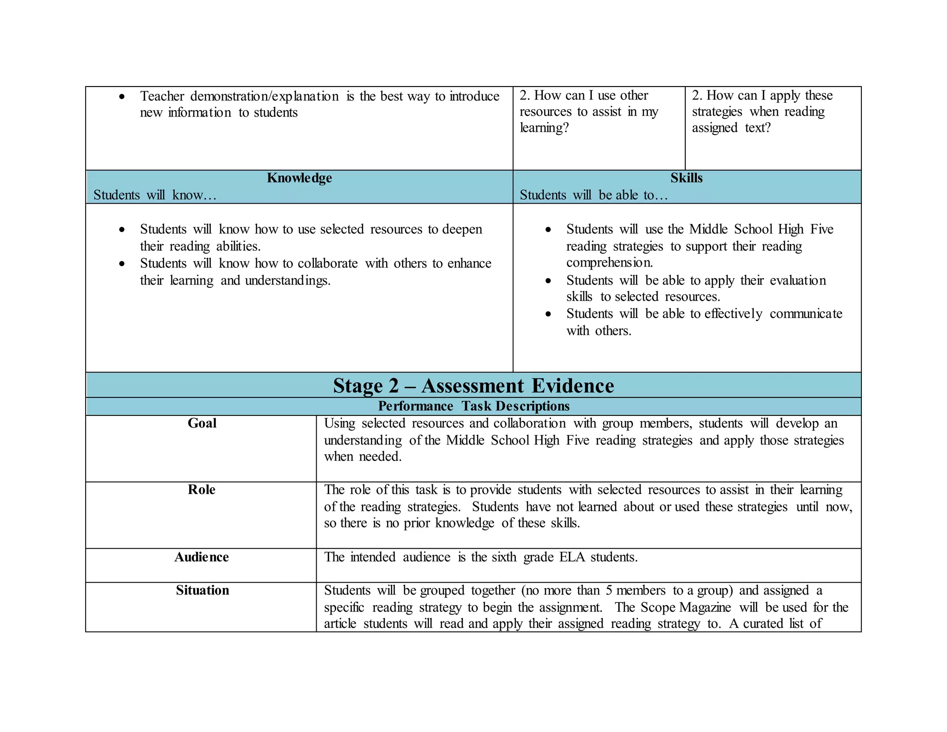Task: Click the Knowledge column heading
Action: pos(299,178)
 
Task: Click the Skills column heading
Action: pos(686,178)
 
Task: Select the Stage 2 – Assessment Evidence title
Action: pos(473,385)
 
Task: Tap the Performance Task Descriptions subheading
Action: pos(473,406)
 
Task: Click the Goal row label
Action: pos(202,423)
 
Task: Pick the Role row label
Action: pos(201,490)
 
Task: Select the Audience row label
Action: pos(201,557)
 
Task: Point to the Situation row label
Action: pos(202,590)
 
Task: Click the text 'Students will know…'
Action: pos(154,195)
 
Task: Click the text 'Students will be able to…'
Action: pos(594,195)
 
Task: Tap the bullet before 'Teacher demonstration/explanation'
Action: pos(122,97)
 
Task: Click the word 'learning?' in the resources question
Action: pos(544,128)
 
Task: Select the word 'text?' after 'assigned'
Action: pos(757,128)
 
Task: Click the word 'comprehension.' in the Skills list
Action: pos(609,263)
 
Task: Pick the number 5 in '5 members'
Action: pos(609,590)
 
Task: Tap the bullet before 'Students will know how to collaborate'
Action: pos(122,264)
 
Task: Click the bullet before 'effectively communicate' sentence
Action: pos(548,314)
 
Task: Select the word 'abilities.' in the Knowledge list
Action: pos(238,246)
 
